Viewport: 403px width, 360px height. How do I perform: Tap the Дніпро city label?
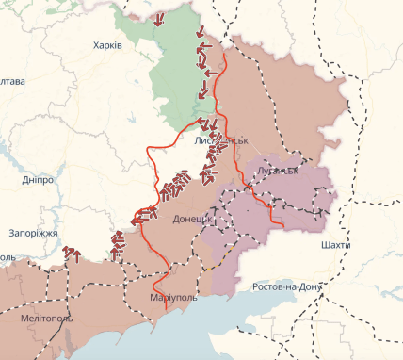pos(38,179)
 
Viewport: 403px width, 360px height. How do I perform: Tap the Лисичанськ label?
pos(220,139)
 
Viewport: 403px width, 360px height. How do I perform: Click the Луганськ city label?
pos(277,171)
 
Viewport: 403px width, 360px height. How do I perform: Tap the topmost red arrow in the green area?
pos(158,19)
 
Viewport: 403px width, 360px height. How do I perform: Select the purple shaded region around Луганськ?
pos(282,193)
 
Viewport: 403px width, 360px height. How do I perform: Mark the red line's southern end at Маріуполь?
pos(166,308)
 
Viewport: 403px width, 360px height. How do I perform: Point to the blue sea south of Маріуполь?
pos(188,335)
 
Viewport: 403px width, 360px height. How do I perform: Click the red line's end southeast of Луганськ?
pos(282,225)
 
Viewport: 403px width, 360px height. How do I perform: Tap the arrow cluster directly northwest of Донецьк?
pos(172,188)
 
